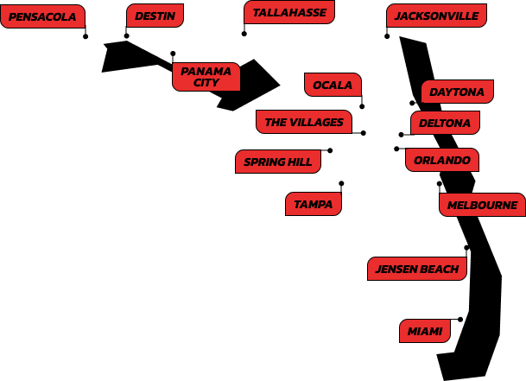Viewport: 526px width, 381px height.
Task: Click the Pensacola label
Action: click(x=42, y=16)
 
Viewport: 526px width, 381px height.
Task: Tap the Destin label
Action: click(x=155, y=16)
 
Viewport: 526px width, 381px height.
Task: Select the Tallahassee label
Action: click(x=288, y=12)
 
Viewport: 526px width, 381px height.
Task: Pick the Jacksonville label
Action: click(x=436, y=16)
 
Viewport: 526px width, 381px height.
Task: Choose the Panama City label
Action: click(x=206, y=77)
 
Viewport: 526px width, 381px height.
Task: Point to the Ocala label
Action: click(x=333, y=85)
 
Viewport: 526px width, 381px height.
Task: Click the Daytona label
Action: click(x=457, y=92)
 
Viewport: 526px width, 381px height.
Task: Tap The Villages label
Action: click(x=304, y=122)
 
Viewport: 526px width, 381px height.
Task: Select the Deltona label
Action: click(x=445, y=123)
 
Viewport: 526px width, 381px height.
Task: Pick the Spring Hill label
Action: click(x=278, y=162)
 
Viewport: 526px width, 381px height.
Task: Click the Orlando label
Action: click(x=441, y=160)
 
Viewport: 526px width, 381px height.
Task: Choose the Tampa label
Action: click(x=314, y=204)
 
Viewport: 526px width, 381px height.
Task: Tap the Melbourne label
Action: click(x=482, y=205)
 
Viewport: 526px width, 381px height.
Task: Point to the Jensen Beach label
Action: click(x=417, y=269)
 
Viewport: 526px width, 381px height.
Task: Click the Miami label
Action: click(x=425, y=331)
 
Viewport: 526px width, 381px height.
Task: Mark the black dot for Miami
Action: click(x=460, y=320)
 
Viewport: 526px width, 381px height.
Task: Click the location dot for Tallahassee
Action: click(x=244, y=34)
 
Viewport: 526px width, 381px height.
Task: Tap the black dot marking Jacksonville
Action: click(x=387, y=36)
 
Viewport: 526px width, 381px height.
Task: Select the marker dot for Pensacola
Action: click(x=86, y=36)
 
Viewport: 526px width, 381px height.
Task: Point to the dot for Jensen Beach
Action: click(x=466, y=248)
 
